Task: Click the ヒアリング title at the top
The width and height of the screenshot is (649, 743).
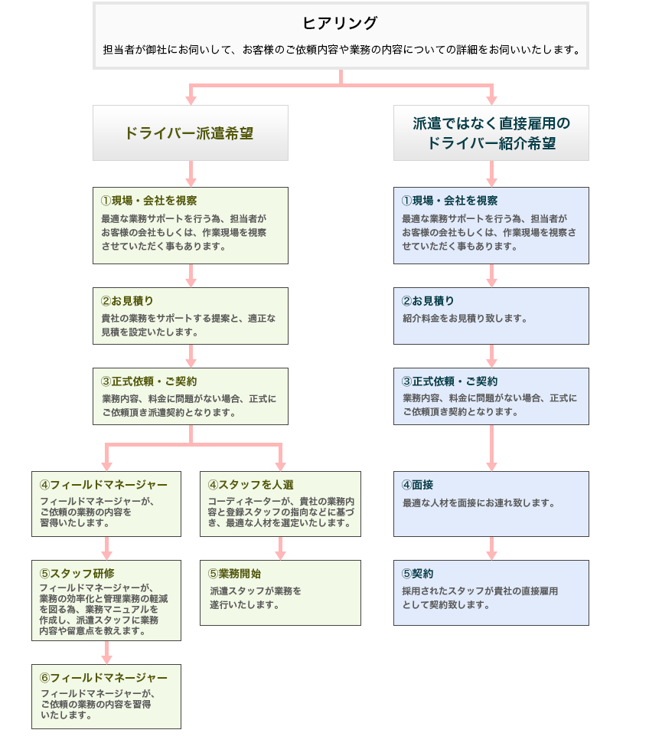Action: click(x=340, y=23)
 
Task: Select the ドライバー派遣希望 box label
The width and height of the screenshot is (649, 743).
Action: click(x=189, y=133)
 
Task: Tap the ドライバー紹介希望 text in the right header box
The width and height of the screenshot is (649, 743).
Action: click(x=491, y=143)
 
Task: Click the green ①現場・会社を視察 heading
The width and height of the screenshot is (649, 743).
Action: click(x=148, y=201)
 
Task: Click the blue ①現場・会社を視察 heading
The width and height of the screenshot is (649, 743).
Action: click(x=449, y=201)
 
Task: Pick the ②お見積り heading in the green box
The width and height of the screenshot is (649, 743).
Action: click(x=127, y=301)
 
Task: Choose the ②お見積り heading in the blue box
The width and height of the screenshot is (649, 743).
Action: click(x=428, y=301)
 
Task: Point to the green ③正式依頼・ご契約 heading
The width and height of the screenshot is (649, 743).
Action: click(x=148, y=381)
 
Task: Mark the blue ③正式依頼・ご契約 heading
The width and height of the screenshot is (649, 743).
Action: click(x=449, y=381)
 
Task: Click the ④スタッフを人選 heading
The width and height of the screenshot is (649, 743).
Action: click(x=251, y=485)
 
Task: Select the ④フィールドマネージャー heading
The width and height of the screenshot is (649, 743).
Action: click(x=103, y=485)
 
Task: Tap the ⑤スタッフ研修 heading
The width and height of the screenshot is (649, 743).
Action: click(x=77, y=574)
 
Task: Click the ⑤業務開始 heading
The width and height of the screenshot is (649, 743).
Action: click(x=234, y=574)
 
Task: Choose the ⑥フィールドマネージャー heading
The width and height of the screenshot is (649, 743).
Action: click(x=103, y=678)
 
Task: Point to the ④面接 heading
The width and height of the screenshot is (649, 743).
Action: click(x=417, y=485)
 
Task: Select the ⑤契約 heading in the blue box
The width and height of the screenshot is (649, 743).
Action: click(x=417, y=574)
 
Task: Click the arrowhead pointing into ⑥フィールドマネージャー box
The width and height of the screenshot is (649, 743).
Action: click(x=107, y=660)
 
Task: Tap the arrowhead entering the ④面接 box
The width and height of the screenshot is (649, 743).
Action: click(x=491, y=466)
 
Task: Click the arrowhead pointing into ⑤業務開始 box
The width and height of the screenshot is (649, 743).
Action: click(x=281, y=555)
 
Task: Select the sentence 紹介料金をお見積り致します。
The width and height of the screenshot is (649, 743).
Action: click(x=465, y=319)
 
